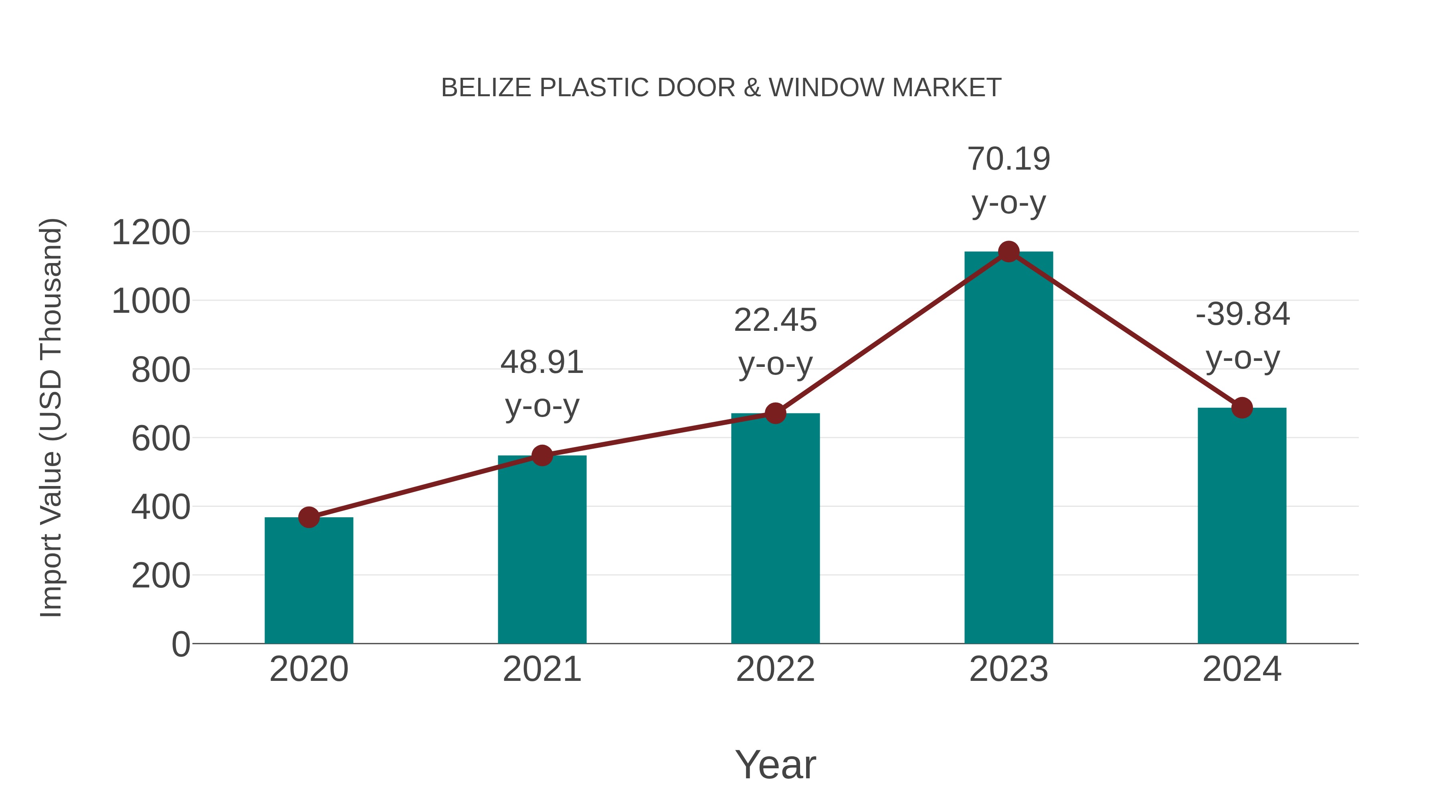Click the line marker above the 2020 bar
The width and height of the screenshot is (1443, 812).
309,517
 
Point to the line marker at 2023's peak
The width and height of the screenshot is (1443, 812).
1009,251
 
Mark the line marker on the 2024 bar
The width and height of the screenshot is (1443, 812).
1242,407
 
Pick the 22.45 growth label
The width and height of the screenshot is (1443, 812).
775,341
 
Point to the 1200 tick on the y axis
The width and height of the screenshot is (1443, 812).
151,233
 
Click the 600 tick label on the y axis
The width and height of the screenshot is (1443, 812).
161,438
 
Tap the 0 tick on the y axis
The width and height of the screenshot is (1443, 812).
180,644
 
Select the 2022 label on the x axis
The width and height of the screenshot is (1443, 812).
775,669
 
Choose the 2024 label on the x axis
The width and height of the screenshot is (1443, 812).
1242,669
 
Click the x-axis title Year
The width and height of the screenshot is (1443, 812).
775,764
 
